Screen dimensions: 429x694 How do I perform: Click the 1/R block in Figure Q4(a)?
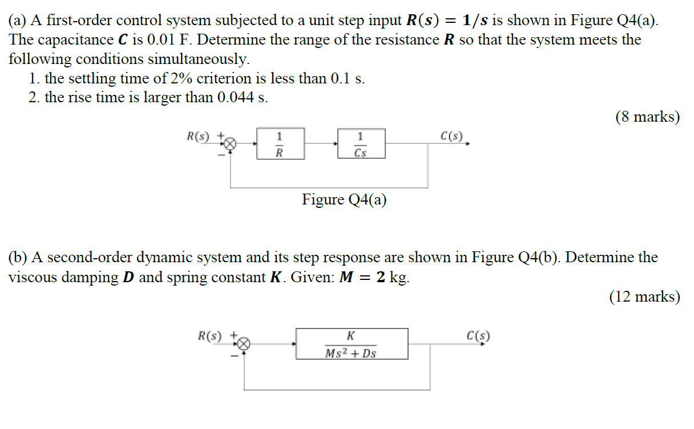[280, 143]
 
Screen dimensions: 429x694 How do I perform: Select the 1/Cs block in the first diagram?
[361, 143]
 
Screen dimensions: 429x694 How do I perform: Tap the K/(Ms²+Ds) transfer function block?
[352, 343]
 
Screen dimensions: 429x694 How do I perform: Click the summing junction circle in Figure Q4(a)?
[230, 144]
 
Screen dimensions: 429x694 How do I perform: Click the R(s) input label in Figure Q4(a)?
[199, 137]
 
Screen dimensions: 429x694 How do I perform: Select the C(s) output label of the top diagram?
[453, 136]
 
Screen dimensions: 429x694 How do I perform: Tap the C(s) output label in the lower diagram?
[477, 336]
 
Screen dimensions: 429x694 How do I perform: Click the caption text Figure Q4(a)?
[344, 200]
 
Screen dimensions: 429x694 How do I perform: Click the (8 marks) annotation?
[647, 117]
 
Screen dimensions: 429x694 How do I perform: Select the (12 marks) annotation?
[644, 296]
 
